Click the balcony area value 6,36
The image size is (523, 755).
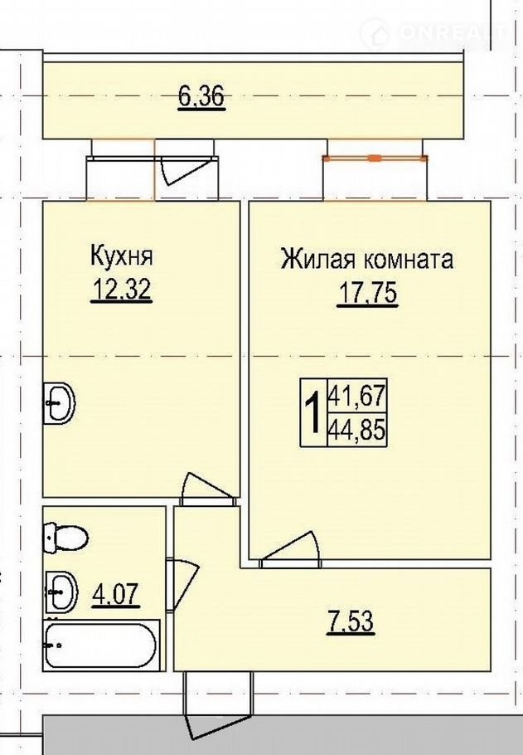(201, 95)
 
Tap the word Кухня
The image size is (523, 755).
(122, 256)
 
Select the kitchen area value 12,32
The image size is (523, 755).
(122, 290)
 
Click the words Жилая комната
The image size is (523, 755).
(367, 259)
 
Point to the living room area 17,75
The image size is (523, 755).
(368, 293)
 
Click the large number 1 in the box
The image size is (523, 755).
(313, 412)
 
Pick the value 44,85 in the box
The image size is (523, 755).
(357, 430)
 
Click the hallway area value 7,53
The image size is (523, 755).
(351, 621)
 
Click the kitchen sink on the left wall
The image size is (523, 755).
(59, 402)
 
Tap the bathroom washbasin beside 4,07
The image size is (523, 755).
(61, 592)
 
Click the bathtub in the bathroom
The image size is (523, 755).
(101, 645)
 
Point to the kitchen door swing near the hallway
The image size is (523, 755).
(207, 488)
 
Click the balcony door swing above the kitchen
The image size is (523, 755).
(185, 168)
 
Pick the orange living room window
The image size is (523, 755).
(375, 158)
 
